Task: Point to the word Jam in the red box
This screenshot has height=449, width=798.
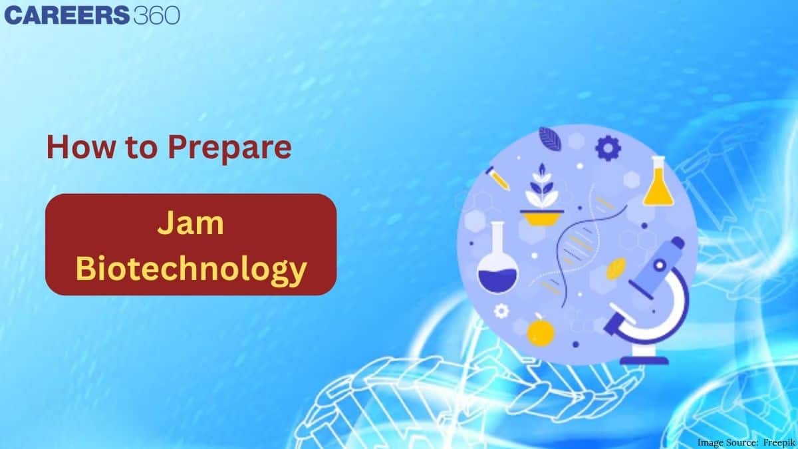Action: click(190, 225)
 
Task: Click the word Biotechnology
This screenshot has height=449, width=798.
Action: click(191, 269)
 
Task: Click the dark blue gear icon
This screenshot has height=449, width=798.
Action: click(606, 148)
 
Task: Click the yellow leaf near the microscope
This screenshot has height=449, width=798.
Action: click(617, 267)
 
